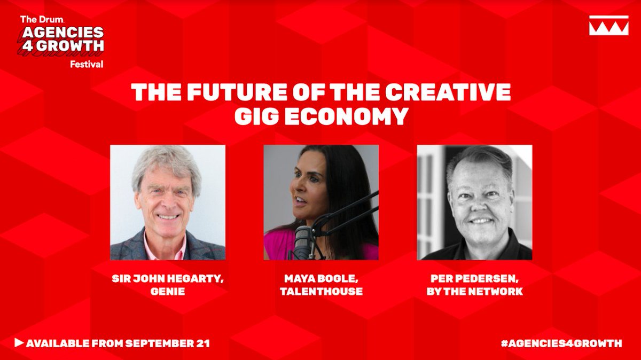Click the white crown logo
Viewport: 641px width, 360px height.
point(608,26)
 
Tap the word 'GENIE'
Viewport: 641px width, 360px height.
point(167,292)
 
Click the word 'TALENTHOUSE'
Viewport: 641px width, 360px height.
point(321,292)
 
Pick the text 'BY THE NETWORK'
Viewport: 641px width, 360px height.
point(474,292)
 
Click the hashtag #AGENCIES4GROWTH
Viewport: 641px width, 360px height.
point(561,343)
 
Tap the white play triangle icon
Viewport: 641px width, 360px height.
point(19,342)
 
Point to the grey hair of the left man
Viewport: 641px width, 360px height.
point(166,163)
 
